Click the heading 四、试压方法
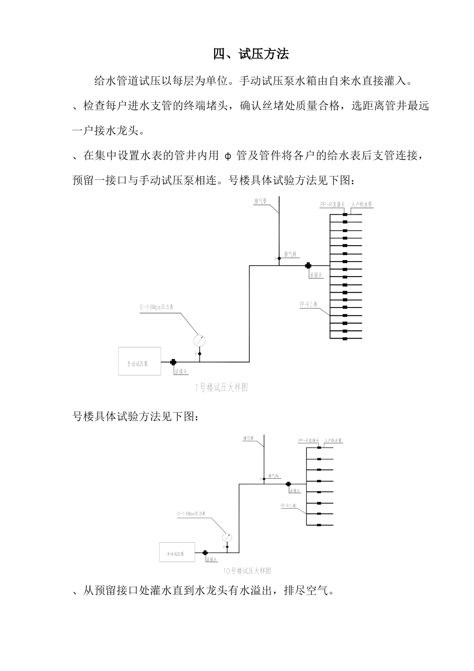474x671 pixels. click(x=251, y=54)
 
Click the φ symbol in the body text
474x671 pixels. click(x=228, y=156)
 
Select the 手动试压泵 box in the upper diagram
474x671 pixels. click(x=140, y=361)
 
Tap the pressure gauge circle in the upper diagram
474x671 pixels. click(x=200, y=340)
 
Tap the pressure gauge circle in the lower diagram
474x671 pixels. click(x=228, y=537)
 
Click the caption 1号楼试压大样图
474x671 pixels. click(x=221, y=387)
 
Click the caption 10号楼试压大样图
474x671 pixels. click(x=247, y=571)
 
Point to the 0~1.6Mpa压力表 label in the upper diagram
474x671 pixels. click(x=156, y=309)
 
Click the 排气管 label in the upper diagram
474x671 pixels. click(x=261, y=201)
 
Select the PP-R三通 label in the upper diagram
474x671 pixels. click(x=308, y=304)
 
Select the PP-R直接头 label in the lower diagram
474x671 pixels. click(x=308, y=441)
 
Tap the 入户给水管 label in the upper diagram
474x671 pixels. click(x=362, y=204)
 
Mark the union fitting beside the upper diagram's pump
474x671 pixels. click(x=173, y=362)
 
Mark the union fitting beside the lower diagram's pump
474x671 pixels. click(x=205, y=553)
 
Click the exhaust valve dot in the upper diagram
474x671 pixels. click(x=279, y=258)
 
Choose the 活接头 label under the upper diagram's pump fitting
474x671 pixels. click(x=181, y=371)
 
